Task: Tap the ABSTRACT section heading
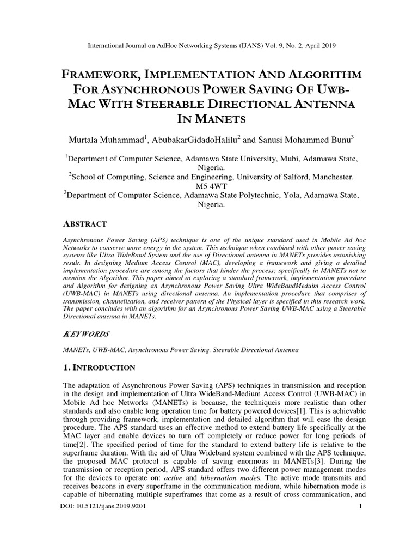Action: point(86,223)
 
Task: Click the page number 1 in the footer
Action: point(360,507)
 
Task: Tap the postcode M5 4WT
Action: point(208,186)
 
